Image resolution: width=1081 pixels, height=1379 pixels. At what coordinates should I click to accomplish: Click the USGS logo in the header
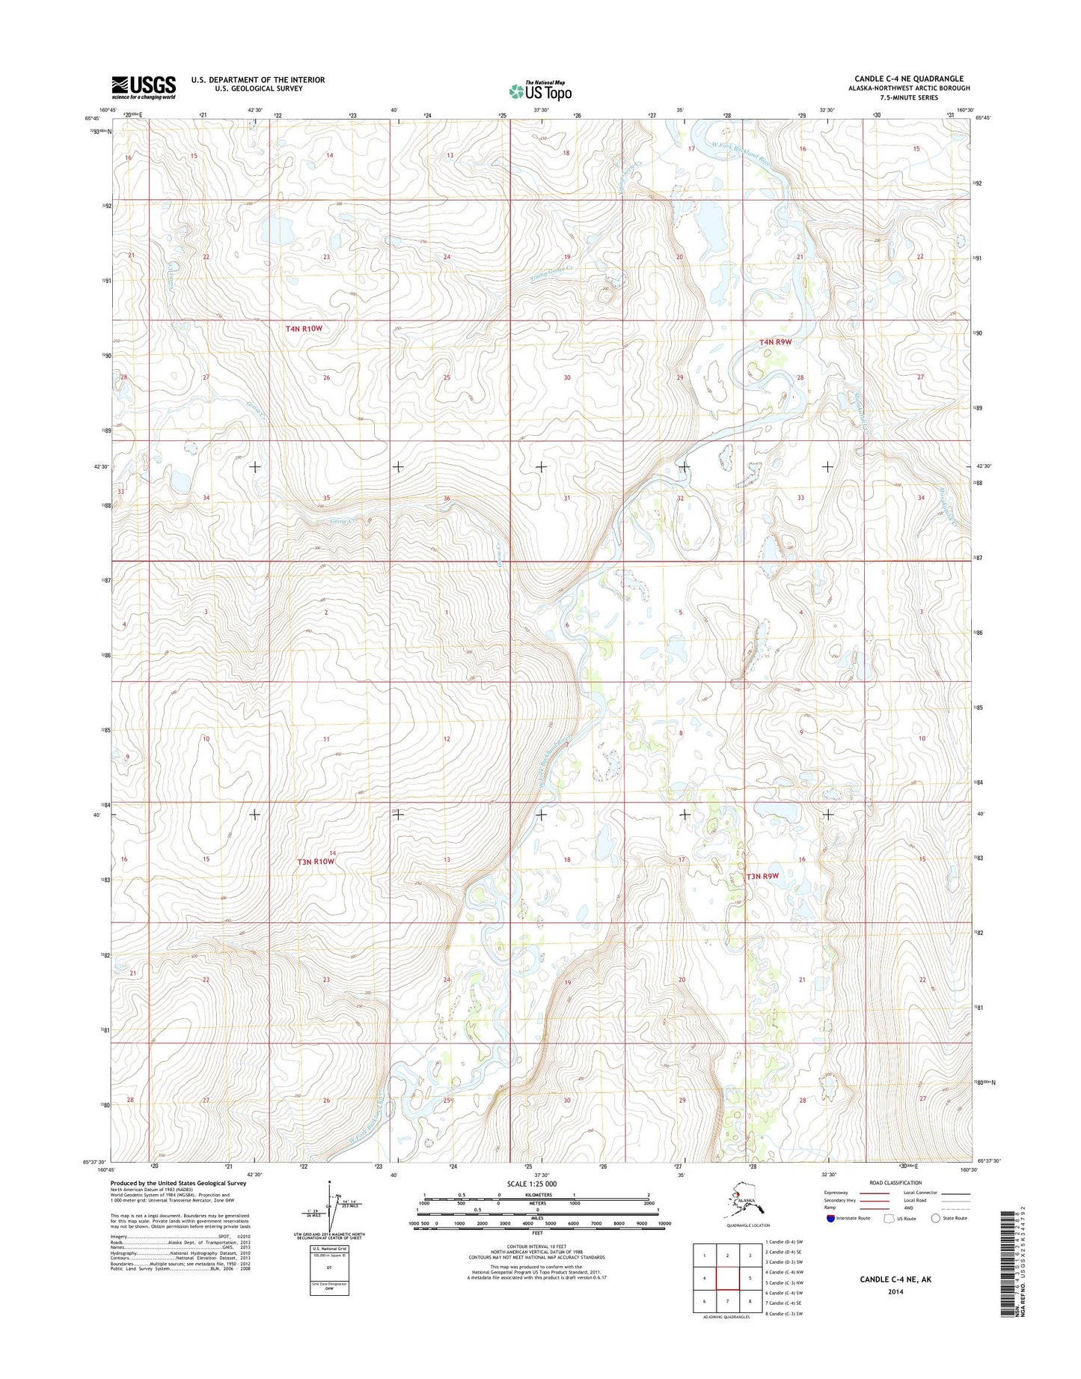pyautogui.click(x=144, y=87)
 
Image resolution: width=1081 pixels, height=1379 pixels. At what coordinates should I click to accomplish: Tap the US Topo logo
pyautogui.click(x=540, y=91)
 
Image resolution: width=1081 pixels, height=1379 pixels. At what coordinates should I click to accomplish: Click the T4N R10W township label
pyautogui.click(x=304, y=328)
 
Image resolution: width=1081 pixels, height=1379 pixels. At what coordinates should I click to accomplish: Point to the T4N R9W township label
pyautogui.click(x=775, y=341)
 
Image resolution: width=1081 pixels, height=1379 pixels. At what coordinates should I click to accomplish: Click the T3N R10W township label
pyautogui.click(x=315, y=862)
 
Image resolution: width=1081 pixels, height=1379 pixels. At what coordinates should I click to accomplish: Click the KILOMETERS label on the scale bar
pyautogui.click(x=536, y=1195)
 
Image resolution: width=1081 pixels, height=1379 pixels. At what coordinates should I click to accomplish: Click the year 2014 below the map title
pyautogui.click(x=895, y=1291)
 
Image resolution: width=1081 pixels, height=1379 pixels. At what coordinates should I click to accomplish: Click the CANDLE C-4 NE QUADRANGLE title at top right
pyautogui.click(x=909, y=79)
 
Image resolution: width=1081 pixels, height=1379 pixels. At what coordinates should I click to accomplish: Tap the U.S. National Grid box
pyautogui.click(x=329, y=1270)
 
